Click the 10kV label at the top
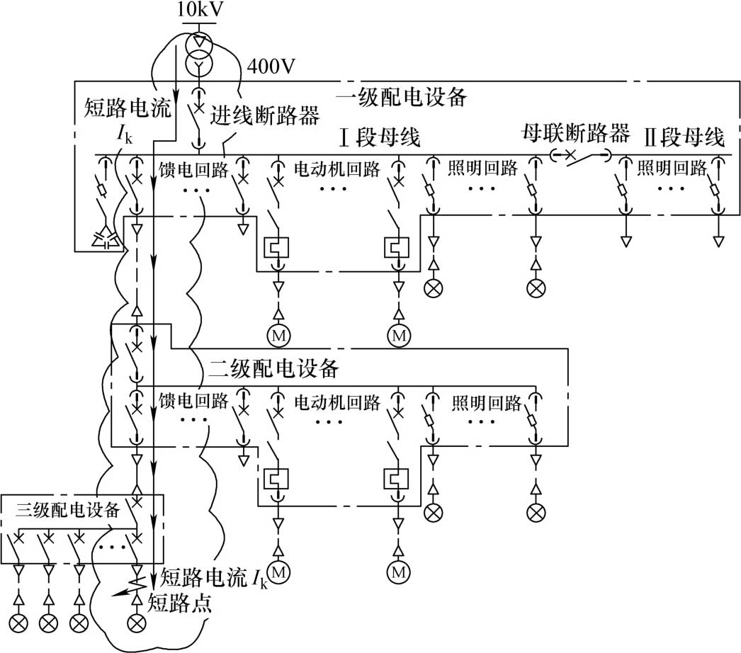tap(199, 10)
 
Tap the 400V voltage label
tap(271, 66)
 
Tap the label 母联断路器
tap(575, 132)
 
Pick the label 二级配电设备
tap(276, 369)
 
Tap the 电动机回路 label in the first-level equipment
tap(336, 169)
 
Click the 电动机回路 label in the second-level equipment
tap(336, 402)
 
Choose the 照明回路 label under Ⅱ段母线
tap(672, 168)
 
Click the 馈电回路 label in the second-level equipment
tap(194, 402)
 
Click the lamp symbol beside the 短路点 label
tap(135, 623)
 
